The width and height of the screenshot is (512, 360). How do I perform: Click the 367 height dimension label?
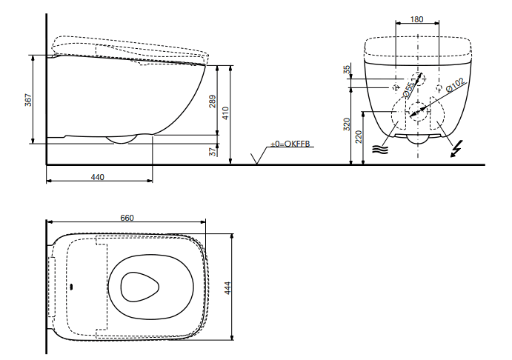(28, 100)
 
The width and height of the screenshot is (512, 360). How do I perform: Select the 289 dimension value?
(212, 101)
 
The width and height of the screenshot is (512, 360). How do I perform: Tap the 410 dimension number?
(226, 113)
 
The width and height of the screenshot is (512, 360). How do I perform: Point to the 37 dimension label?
(213, 151)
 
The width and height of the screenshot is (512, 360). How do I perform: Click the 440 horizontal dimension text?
(97, 177)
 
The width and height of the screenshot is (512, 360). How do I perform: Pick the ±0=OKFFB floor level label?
(290, 144)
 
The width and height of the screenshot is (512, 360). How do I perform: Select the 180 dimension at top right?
(416, 19)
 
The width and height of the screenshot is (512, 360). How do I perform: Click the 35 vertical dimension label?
(347, 69)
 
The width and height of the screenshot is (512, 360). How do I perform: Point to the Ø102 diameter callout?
(455, 85)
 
